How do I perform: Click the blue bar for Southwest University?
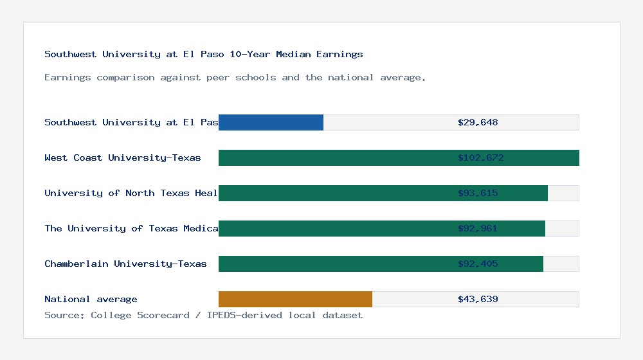(x=271, y=122)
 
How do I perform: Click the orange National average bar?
(x=295, y=299)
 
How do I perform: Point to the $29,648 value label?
(x=478, y=122)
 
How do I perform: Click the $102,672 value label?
(x=478, y=157)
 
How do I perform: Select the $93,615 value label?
(x=478, y=193)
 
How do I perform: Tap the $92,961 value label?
(x=478, y=228)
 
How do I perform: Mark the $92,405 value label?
(x=478, y=264)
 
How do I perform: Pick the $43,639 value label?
(x=478, y=299)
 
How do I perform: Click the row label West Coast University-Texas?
(x=123, y=157)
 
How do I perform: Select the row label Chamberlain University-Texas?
(x=125, y=264)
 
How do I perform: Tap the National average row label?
(x=91, y=299)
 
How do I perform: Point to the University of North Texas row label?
(x=131, y=193)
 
